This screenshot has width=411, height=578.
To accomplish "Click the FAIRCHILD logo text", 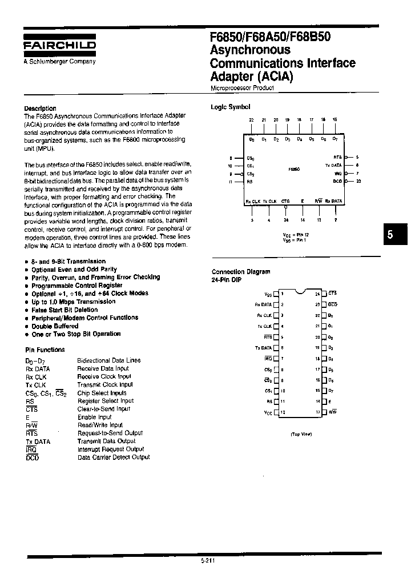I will (x=59, y=46).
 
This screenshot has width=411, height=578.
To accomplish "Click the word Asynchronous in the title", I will (x=245, y=50).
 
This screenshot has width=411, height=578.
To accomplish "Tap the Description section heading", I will (x=40, y=109).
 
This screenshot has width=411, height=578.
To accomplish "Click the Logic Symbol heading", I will (x=231, y=107).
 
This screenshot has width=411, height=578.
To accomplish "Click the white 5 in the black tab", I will (x=390, y=235).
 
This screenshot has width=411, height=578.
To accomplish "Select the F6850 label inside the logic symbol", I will (x=295, y=170).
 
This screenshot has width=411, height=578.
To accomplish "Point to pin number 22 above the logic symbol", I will (x=251, y=120).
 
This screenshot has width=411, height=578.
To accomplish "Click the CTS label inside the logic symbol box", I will (x=286, y=201).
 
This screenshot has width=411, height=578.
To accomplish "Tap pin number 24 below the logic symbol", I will (x=286, y=219).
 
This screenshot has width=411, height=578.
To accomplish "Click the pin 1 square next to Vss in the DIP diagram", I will (x=277, y=294).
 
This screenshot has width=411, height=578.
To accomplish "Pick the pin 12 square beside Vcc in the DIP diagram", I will (x=277, y=412).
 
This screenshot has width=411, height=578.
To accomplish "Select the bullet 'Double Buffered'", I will (x=55, y=326).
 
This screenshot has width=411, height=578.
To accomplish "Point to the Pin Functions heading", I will (x=45, y=350).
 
